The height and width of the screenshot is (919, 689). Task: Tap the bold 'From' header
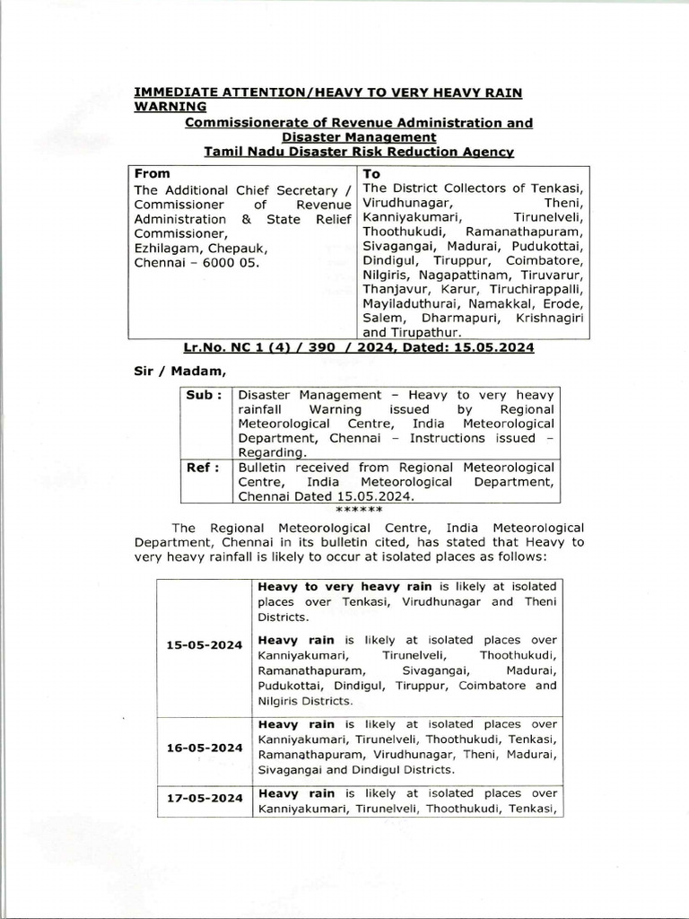pyautogui.click(x=152, y=173)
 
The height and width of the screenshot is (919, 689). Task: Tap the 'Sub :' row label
pyautogui.click(x=204, y=395)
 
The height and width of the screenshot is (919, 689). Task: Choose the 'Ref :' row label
pyautogui.click(x=203, y=468)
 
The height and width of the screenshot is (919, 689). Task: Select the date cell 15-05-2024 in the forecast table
pyautogui.click(x=205, y=645)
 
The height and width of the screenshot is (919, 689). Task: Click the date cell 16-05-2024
pyautogui.click(x=205, y=747)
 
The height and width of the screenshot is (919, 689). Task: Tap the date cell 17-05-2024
pyautogui.click(x=205, y=794)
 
